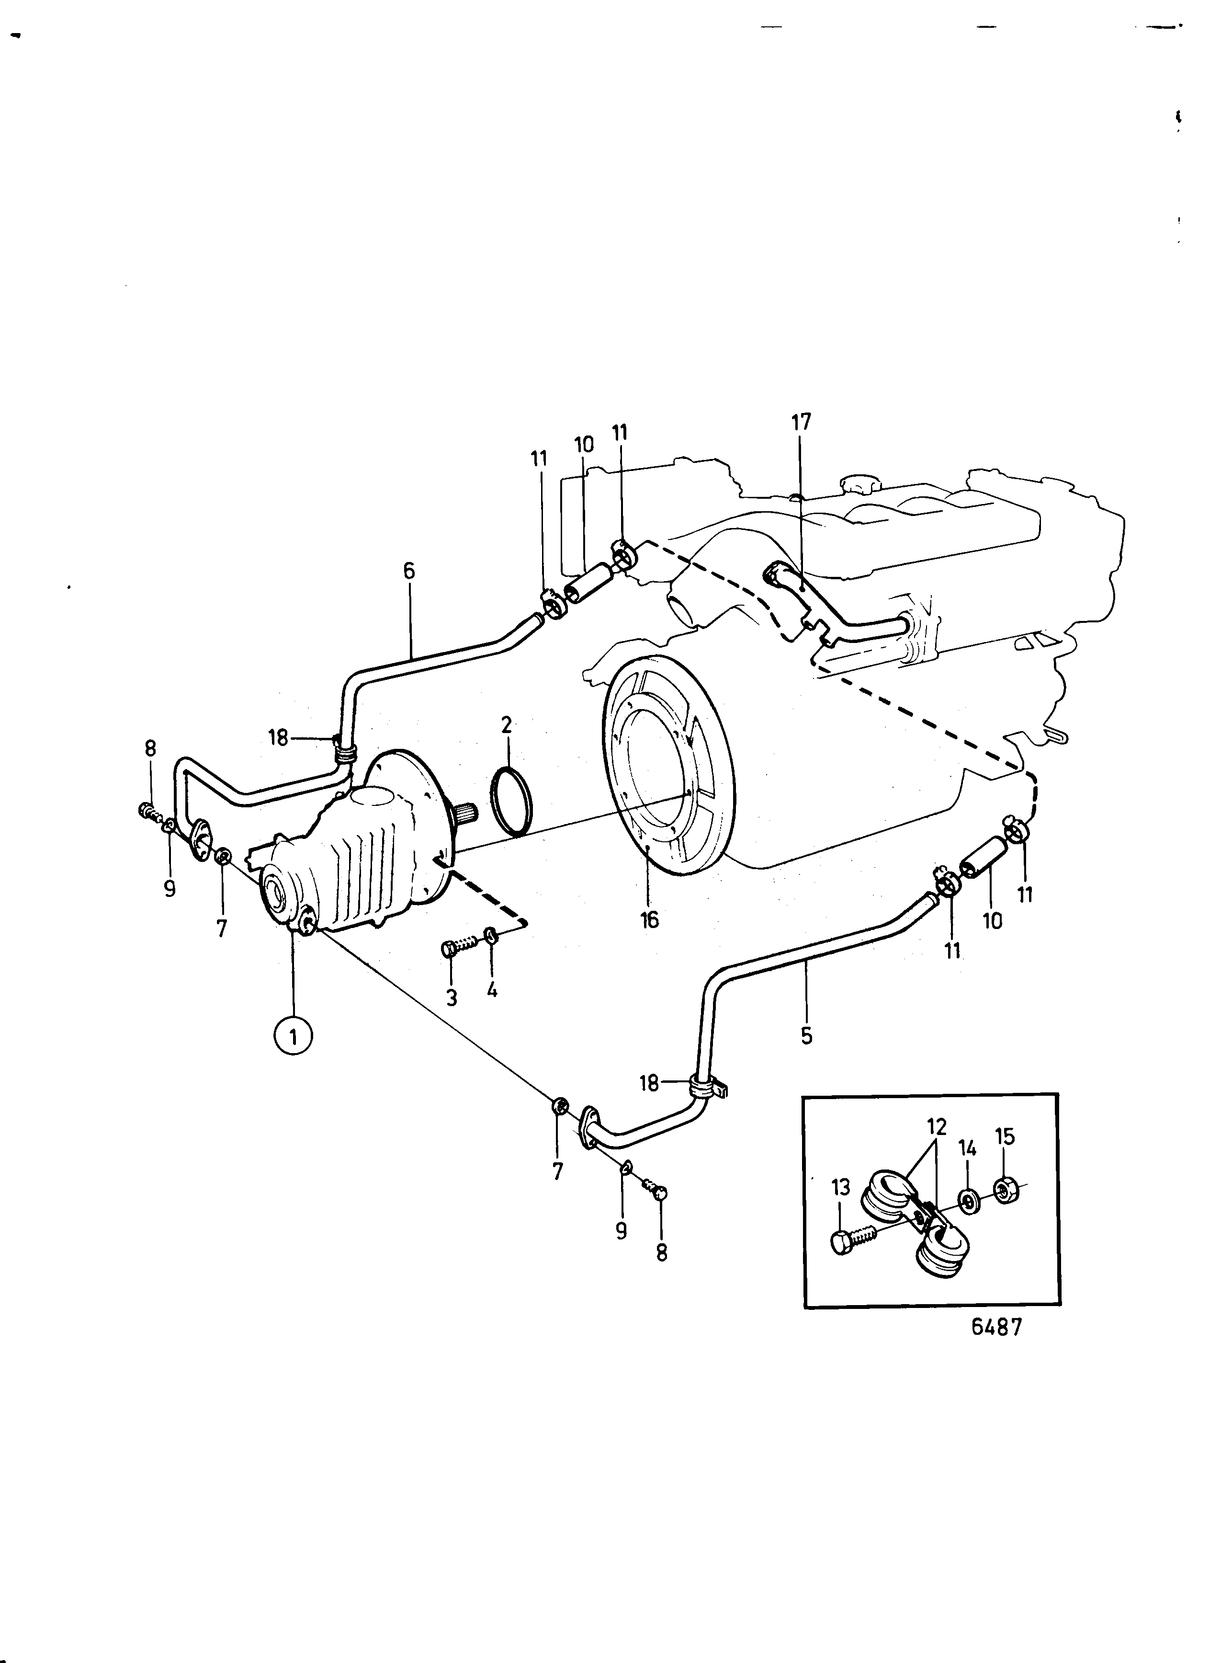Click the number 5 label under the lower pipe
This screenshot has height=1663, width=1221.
806,1036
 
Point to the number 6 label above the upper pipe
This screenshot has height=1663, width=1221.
409,572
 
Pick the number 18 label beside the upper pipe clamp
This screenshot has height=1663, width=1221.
278,737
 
